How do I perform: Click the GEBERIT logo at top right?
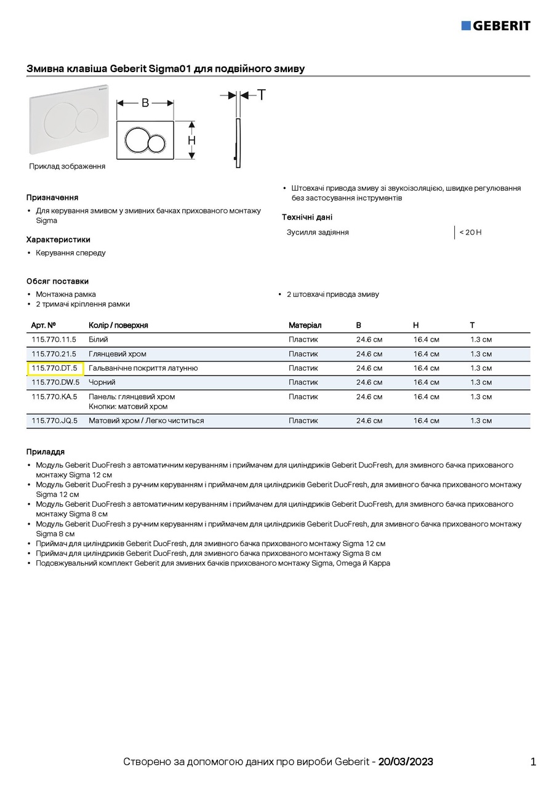click(x=495, y=25)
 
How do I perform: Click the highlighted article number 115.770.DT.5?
click(x=55, y=368)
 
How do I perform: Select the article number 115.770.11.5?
click(x=54, y=339)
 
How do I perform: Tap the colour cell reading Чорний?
click(x=102, y=382)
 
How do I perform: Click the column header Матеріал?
click(x=305, y=325)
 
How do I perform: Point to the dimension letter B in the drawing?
click(x=145, y=103)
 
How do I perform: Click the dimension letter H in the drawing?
click(x=192, y=140)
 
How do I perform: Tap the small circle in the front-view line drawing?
click(x=156, y=143)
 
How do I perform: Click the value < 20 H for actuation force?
click(x=470, y=232)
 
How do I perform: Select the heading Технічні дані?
click(x=307, y=217)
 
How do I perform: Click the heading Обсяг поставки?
click(x=57, y=281)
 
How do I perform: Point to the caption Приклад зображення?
click(x=67, y=166)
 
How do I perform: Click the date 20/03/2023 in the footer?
click(x=406, y=762)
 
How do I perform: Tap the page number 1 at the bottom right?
click(x=533, y=762)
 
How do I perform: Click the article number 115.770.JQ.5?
click(x=54, y=420)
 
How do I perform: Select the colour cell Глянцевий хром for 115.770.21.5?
click(x=118, y=354)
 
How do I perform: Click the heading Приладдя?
click(x=46, y=452)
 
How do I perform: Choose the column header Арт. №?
click(x=44, y=325)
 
